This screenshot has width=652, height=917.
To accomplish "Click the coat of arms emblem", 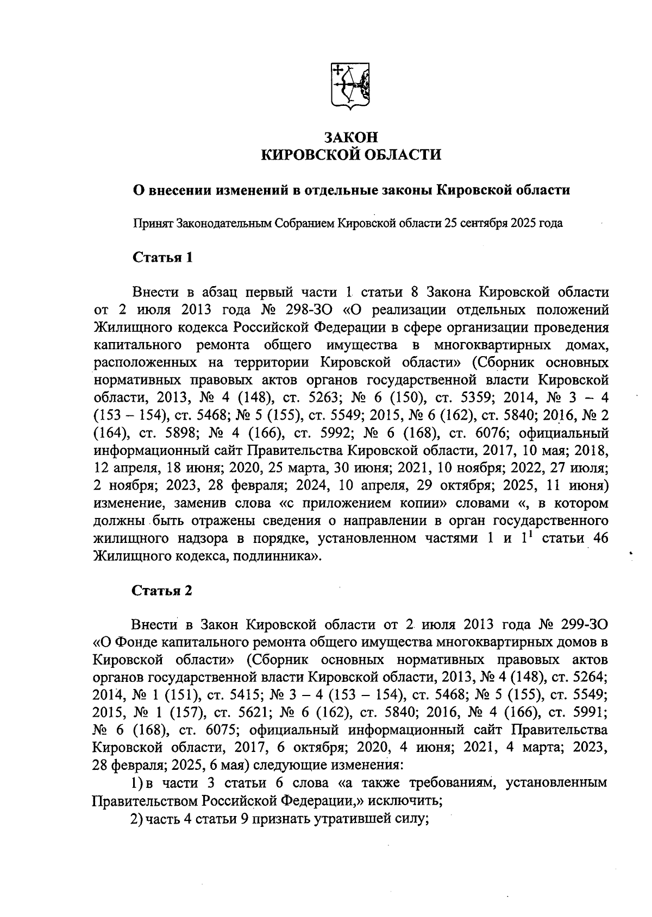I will tap(350, 86).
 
